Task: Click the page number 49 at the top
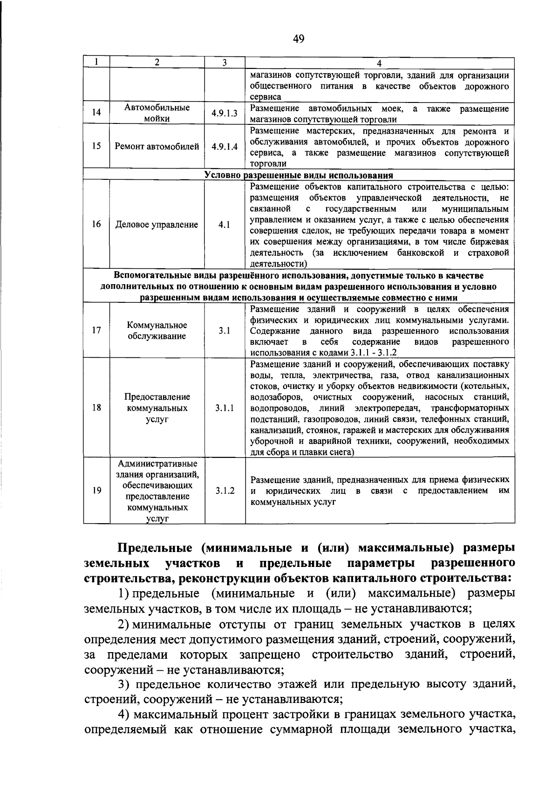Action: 298,40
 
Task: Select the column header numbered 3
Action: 225,63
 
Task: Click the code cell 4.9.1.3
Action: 225,113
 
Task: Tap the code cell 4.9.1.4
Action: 225,146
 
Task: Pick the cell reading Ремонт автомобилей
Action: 157,146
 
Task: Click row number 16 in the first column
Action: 96,225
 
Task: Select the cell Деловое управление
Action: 157,225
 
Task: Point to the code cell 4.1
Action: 225,225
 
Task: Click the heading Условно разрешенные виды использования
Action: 299,176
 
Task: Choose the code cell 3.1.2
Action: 225,491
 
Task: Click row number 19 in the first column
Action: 96,491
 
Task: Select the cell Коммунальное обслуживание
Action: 157,331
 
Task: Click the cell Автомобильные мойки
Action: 157,113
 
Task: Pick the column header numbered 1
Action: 96,63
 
